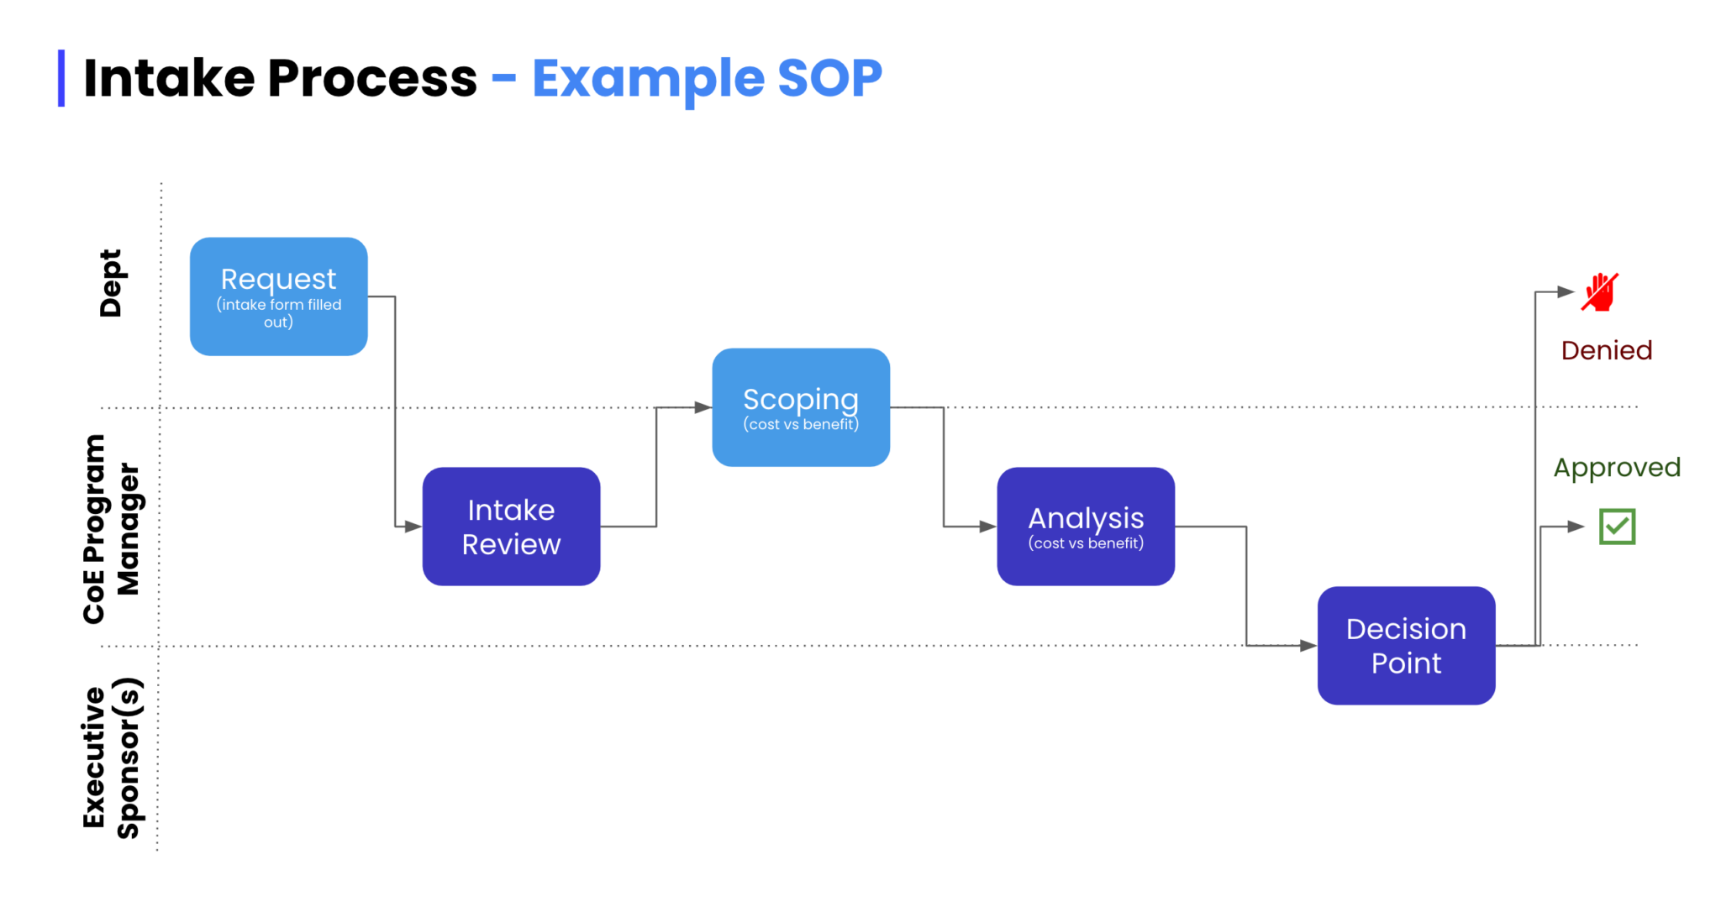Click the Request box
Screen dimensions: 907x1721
278,296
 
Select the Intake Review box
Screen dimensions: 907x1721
511,527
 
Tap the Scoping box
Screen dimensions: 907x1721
800,407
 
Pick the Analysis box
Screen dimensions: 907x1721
1085,527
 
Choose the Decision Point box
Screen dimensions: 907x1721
1406,645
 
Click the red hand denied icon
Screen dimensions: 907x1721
1600,292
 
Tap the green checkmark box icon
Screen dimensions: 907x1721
1617,527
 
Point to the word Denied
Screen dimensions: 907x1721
1606,350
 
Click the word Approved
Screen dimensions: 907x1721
1616,467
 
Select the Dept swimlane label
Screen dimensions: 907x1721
111,283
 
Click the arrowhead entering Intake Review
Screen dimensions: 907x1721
413,527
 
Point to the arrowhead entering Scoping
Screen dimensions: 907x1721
703,407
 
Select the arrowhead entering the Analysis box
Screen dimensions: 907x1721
987,527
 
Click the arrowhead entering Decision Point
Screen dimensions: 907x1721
1308,645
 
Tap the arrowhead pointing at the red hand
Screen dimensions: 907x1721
1566,292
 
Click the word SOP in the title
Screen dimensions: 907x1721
829,78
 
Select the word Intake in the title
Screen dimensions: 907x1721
169,78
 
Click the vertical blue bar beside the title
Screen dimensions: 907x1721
61,78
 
